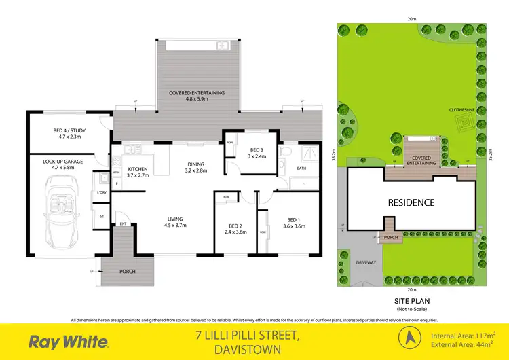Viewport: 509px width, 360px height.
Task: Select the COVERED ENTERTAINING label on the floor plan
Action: point(197,96)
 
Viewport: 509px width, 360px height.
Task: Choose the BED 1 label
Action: point(293,223)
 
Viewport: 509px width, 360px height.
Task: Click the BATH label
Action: point(302,168)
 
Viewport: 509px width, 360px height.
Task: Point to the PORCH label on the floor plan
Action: point(127,271)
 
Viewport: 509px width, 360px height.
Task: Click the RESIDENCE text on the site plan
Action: point(411,202)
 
